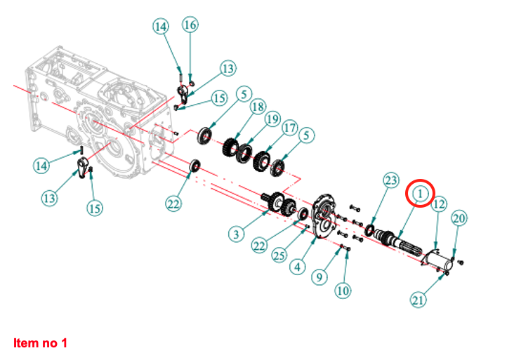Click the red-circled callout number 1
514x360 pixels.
pos(421,192)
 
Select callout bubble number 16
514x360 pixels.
pos(190,25)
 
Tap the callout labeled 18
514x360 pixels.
pos(257,107)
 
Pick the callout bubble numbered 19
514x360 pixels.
pos(272,120)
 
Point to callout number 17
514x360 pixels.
pos(290,128)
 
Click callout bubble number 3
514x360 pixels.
pos(239,232)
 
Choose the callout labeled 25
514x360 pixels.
pos(279,255)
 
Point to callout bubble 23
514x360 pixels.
pos(391,180)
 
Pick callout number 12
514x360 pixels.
pos(439,204)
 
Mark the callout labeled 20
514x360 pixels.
pos(459,219)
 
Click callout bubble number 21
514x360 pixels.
pos(419,300)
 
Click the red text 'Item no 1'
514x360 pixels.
pos(41,343)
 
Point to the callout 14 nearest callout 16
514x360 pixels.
pos(161,27)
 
